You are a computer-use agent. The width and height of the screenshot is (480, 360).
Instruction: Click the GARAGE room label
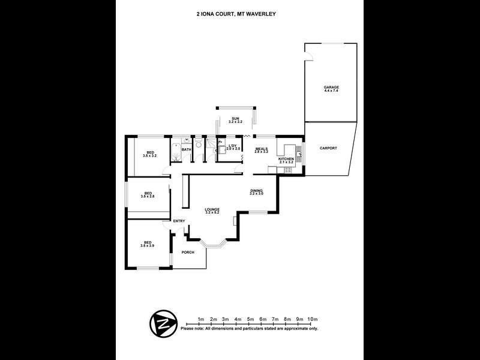331,88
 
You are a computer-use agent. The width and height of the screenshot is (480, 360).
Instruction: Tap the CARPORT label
328,148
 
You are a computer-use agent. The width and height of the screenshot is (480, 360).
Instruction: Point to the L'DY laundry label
233,145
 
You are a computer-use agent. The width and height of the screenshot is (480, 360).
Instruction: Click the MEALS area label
261,148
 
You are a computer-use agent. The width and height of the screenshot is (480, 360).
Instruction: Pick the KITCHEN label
286,158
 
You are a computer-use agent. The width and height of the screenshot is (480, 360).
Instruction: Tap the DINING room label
256,190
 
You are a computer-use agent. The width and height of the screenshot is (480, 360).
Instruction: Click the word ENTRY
179,221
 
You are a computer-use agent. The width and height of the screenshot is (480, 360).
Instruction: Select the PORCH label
188,253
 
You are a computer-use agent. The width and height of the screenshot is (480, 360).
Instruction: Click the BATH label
187,149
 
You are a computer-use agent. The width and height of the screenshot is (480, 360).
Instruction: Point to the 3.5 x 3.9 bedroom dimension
148,245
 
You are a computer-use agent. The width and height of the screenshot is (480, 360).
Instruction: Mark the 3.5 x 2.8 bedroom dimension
148,196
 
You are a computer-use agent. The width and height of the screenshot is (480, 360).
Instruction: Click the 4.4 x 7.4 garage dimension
331,91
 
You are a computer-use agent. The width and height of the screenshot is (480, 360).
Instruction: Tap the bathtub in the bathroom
175,152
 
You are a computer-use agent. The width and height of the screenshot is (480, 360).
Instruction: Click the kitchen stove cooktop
287,170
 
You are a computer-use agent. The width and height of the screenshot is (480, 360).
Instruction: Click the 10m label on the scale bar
311,319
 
